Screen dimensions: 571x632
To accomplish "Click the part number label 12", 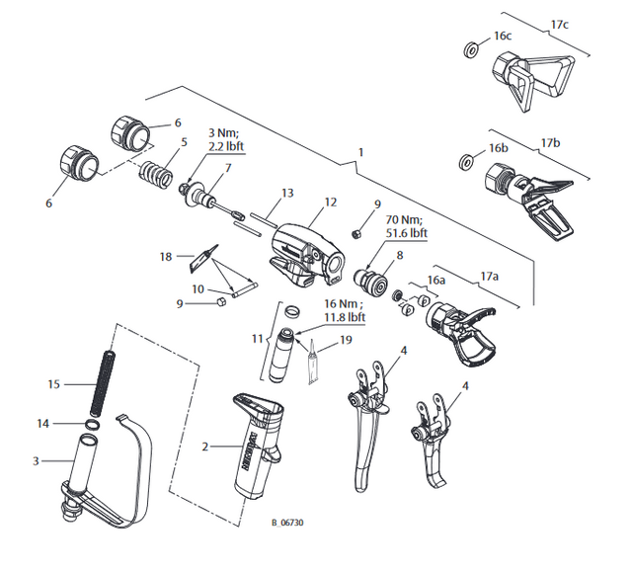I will pyautogui.click(x=331, y=202).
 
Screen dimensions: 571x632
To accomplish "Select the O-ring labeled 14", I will pyautogui.click(x=90, y=425).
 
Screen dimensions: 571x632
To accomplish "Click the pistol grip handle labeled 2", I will pyautogui.click(x=259, y=449).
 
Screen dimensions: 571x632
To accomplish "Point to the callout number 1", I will pyautogui.click(x=361, y=153).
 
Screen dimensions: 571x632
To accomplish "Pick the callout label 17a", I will pyautogui.click(x=489, y=275).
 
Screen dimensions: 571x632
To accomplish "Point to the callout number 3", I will pyautogui.click(x=37, y=460).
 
